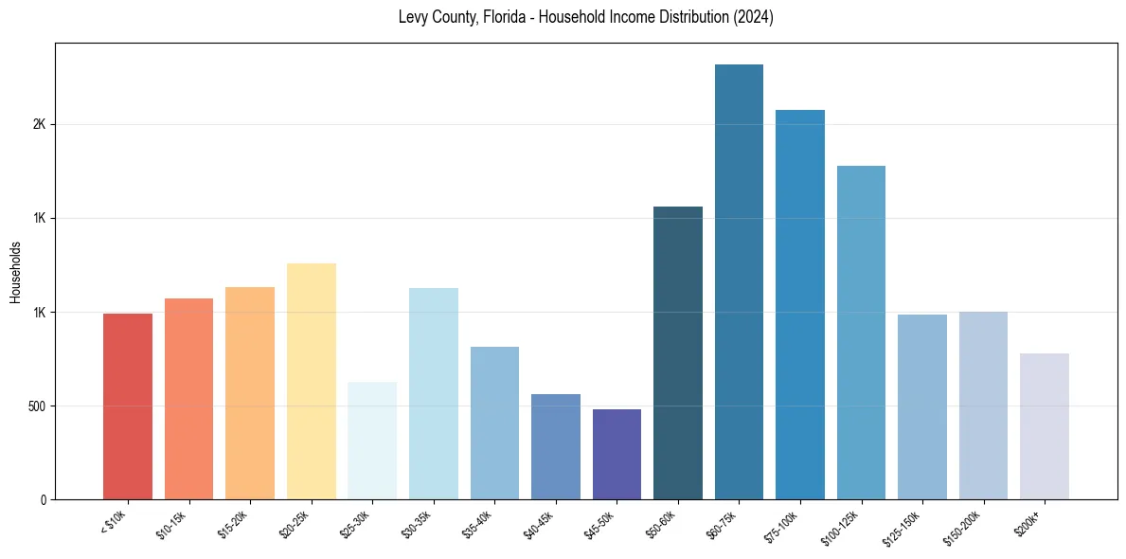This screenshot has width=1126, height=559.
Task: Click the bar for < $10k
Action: [x=128, y=406]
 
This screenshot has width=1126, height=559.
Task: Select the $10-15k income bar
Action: [x=188, y=399]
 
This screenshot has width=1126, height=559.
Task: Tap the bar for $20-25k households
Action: [x=311, y=381]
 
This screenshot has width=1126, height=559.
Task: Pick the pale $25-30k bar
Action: [x=372, y=441]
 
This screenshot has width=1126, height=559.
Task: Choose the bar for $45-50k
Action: [x=617, y=455]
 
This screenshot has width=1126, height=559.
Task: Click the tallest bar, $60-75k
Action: [x=739, y=281]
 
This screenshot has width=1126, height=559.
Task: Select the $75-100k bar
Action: [x=800, y=304]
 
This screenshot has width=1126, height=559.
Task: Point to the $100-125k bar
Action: [x=861, y=333]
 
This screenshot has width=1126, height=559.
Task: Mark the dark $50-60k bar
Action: [x=678, y=352]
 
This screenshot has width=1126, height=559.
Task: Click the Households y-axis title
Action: [x=15, y=271]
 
